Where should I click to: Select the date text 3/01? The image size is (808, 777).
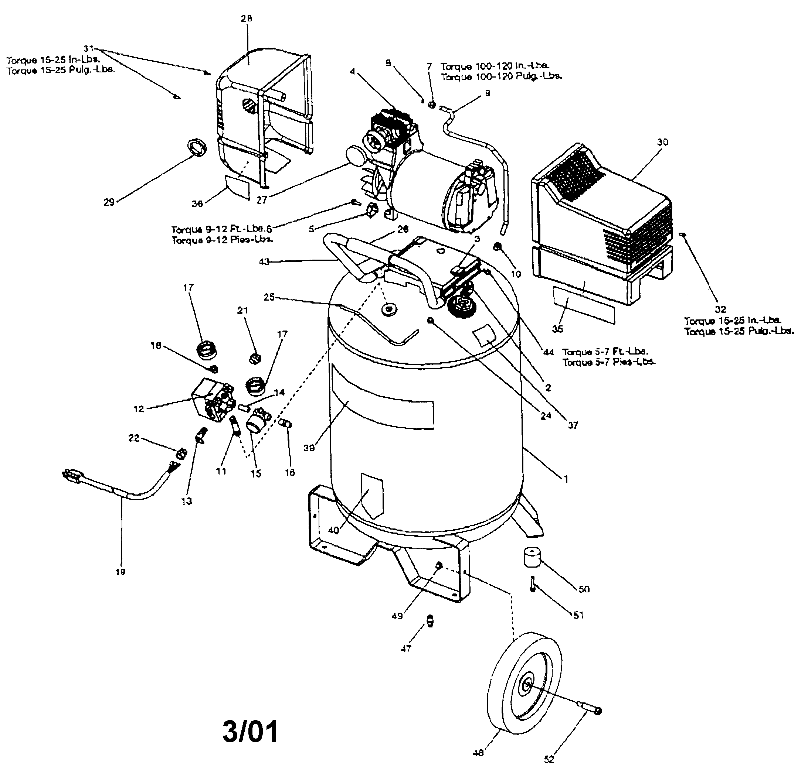click(250, 732)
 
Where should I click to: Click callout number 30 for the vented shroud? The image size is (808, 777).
click(662, 142)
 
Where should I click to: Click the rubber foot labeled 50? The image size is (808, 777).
click(532, 557)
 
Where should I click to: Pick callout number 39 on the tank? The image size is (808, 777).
click(309, 448)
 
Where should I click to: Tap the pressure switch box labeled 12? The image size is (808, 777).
click(212, 399)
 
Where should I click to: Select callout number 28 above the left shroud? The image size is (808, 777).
click(247, 18)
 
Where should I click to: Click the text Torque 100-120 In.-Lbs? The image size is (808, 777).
click(495, 66)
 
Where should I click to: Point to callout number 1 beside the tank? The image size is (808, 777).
click(566, 479)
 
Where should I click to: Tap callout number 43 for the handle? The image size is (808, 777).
click(264, 261)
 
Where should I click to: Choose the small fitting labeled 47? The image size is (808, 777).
click(430, 620)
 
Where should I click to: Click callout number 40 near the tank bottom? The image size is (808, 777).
click(333, 530)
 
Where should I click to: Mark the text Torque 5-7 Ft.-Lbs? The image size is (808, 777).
click(605, 352)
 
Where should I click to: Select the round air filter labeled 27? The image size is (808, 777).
click(354, 156)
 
